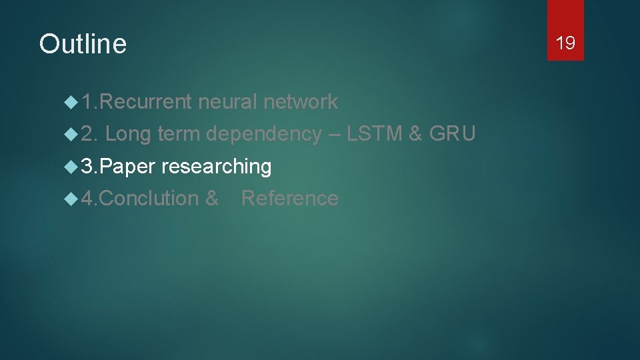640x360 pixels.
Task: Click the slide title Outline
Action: coord(83,44)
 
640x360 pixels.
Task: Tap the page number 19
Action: coord(565,43)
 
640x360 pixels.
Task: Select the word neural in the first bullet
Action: coord(227,102)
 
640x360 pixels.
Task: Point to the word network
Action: coord(301,102)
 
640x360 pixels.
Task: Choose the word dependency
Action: coord(264,135)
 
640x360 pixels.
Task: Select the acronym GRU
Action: coord(453,134)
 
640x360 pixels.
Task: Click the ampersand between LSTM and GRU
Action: coord(415,134)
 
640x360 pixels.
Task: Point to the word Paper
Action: coord(129,166)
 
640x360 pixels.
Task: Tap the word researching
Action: coord(216,167)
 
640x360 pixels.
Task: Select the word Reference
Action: coord(289,198)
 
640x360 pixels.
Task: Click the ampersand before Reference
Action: coord(212,198)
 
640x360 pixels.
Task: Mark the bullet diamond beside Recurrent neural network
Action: coord(70,102)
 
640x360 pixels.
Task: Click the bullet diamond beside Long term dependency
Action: coord(70,134)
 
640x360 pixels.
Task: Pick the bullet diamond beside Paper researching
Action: coord(70,166)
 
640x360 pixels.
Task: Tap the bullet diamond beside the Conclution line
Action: coord(70,198)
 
